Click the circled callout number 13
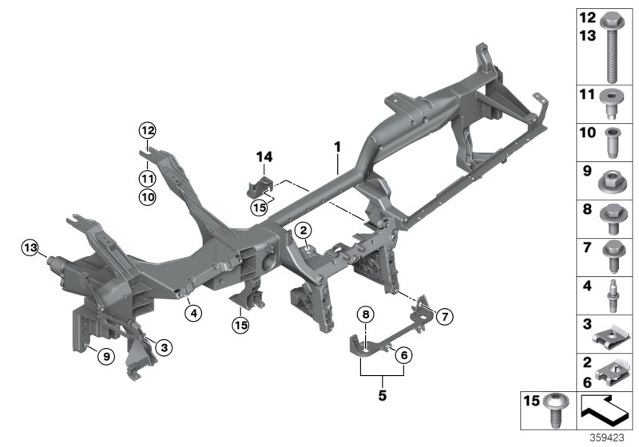[x=29, y=250]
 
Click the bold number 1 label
[x=337, y=148]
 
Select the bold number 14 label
[x=265, y=156]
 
